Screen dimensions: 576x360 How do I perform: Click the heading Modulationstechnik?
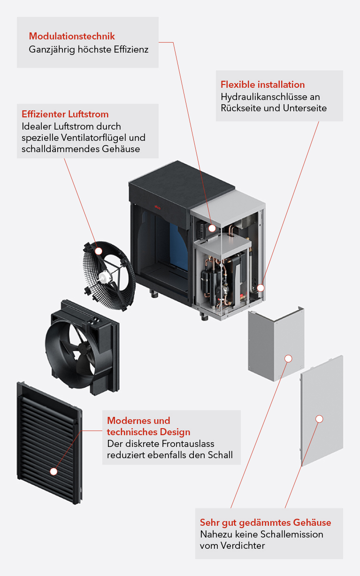pos(72,36)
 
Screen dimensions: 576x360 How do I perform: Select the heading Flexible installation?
pos(262,84)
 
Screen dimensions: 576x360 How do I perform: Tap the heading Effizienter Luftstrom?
pos(65,114)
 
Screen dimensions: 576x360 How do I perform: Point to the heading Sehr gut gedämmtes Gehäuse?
pos(265,522)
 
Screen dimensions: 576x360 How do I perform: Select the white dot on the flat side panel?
pos(319,418)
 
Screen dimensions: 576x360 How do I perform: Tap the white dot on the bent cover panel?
pos(288,359)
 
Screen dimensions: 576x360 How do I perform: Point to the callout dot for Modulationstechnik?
pos(212,228)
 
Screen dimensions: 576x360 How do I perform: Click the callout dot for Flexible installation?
pos(260,288)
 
